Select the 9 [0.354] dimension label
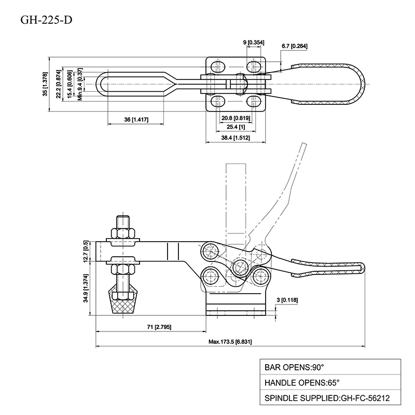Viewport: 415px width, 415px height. tap(254, 41)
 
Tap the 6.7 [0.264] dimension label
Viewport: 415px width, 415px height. tap(294, 47)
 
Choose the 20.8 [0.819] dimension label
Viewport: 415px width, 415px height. tap(236, 118)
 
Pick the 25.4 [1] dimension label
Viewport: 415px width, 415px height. tap(236, 128)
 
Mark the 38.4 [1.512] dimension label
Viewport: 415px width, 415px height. tap(236, 138)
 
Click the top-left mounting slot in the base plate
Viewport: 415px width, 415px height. tap(219, 66)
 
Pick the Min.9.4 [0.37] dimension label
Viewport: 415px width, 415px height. tap(80, 84)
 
